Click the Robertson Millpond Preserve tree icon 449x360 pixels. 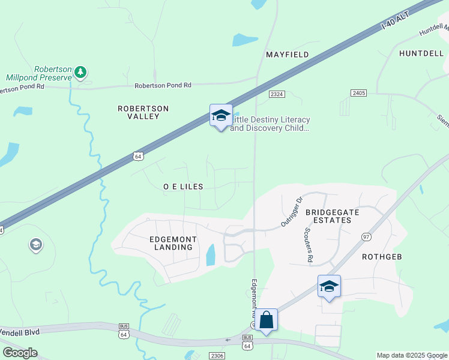pyautogui.click(x=80, y=73)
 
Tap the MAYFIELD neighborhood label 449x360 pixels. pyautogui.click(x=288, y=55)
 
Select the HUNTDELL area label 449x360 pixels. pyautogui.click(x=421, y=53)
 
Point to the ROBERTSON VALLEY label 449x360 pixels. pyautogui.click(x=143, y=112)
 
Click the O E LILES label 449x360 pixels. pyautogui.click(x=183, y=187)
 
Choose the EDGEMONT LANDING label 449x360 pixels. pyautogui.click(x=172, y=243)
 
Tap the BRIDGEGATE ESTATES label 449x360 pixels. pyautogui.click(x=328, y=216)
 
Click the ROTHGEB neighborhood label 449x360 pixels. pyautogui.click(x=382, y=256)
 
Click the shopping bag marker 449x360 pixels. pyautogui.click(x=266, y=320)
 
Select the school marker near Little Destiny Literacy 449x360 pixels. pyautogui.click(x=221, y=116)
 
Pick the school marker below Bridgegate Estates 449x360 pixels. pyautogui.click(x=329, y=286)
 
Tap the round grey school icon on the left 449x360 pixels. pyautogui.click(x=35, y=245)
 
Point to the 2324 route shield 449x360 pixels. pyautogui.click(x=277, y=94)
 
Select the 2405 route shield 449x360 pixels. pyautogui.click(x=359, y=93)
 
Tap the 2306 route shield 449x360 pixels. pyautogui.click(x=218, y=356)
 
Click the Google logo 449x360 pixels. pyautogui.click(x=20, y=352)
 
